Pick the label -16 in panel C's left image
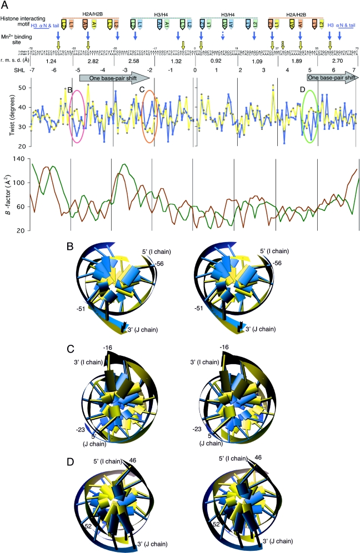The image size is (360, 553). pos(109,347)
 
